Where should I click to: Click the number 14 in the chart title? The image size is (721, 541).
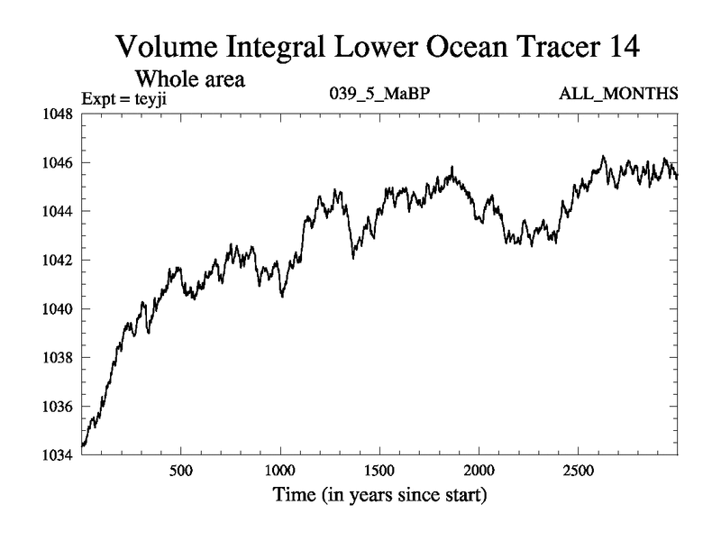coord(620,48)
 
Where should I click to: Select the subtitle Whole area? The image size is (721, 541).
coord(190,79)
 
